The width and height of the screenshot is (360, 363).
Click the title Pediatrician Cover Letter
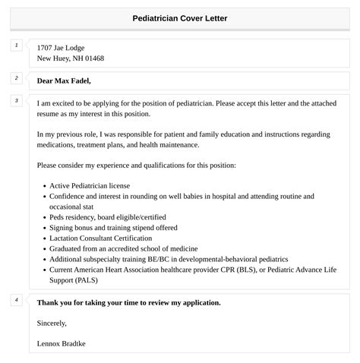coord(179,18)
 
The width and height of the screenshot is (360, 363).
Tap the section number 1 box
coord(16,46)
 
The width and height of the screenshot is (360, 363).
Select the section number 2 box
coord(16,78)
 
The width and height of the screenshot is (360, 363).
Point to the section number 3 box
coord(16,100)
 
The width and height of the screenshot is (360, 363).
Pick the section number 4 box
coord(16,300)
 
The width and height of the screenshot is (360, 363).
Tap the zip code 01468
coord(94,58)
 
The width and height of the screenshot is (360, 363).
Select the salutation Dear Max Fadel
coord(69,80)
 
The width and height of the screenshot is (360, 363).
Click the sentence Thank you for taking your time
coord(128,302)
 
